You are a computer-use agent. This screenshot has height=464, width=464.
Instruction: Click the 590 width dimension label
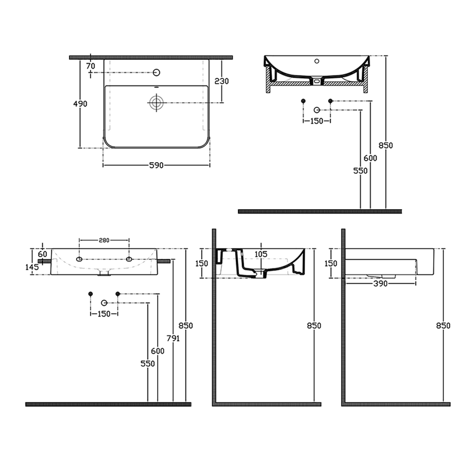pos(156,165)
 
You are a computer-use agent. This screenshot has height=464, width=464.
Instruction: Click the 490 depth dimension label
pos(80,104)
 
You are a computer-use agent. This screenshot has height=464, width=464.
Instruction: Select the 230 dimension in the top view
pos(221,81)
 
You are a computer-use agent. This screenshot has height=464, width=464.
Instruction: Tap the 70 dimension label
pos(91,66)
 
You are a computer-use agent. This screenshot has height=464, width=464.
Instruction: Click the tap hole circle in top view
pos(157,73)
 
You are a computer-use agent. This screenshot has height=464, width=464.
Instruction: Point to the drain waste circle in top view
pos(156,103)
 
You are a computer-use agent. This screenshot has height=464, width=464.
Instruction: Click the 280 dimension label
pos(104,240)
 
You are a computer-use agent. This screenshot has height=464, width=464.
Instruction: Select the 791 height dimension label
pos(173,338)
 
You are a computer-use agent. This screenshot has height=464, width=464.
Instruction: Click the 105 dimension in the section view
pos(261,254)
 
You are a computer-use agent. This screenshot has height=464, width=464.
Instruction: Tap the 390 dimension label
pos(381,284)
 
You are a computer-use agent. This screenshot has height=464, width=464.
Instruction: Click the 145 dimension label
pos(32,267)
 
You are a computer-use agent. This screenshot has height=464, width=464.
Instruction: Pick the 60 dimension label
pos(42,254)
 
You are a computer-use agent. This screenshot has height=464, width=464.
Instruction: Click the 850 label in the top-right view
pos(386,145)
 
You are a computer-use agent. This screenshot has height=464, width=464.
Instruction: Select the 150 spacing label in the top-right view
pos(317,121)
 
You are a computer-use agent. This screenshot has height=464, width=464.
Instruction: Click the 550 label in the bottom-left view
pos(148,364)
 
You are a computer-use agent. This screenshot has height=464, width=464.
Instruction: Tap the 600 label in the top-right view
pos(371,158)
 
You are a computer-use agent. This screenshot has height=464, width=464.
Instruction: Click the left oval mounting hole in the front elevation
pos(79,259)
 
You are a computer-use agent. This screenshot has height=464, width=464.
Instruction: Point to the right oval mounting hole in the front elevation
pos(129,259)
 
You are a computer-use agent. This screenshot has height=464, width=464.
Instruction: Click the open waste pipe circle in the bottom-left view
pos(104,303)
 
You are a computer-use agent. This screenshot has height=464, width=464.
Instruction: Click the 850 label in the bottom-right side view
pos(443,326)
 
